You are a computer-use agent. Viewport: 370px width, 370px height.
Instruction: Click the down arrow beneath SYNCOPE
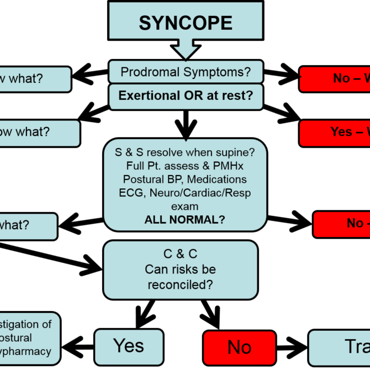[186, 50]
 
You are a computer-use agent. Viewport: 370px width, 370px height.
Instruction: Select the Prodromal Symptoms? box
[186, 72]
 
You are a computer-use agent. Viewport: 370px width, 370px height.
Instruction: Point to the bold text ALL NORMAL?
[185, 220]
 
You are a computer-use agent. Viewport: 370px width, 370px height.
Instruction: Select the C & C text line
[181, 255]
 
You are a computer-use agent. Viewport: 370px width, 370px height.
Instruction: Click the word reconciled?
[181, 285]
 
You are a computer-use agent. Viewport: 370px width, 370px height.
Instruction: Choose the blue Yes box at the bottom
[128, 346]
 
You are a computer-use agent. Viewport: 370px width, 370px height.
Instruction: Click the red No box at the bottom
[239, 348]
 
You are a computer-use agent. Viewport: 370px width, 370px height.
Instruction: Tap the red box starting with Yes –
[335, 132]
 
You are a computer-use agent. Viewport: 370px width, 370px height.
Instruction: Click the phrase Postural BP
[154, 179]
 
